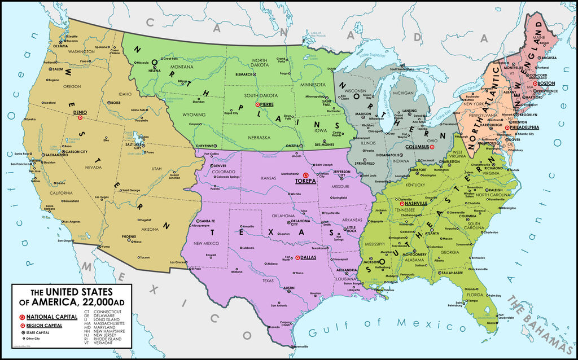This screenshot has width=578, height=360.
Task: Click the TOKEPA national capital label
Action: pos(306,181)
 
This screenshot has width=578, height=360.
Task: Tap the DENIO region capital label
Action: pos(80,112)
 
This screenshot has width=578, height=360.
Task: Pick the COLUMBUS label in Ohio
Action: pos(418,147)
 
